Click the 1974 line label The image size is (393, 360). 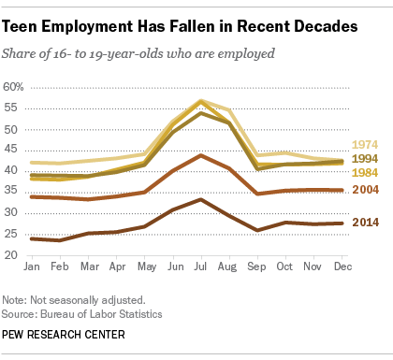point(365,145)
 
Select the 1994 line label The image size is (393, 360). point(365,159)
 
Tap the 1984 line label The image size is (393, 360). point(365,173)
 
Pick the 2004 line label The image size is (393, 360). point(365,190)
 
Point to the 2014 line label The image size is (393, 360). point(365,223)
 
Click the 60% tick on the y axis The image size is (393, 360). point(13,87)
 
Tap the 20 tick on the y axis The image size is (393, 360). point(10,255)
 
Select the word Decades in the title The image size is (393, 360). point(316,28)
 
